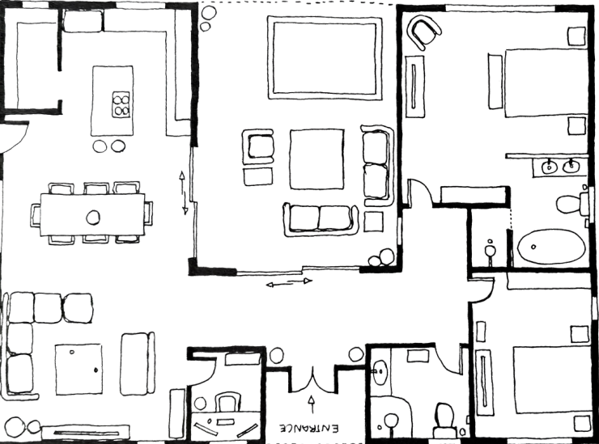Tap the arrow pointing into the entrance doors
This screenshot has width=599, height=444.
pos(312,404)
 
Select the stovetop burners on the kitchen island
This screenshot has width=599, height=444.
pos(121,104)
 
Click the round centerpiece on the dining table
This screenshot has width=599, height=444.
pos(93,218)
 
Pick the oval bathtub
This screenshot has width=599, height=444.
pos(551,246)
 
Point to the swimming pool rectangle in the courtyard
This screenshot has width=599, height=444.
pos(325,57)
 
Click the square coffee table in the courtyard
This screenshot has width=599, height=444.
pos(316,159)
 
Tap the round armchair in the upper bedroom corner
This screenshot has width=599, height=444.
pos(423,32)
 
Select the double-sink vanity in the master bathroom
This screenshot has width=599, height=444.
pos(560,167)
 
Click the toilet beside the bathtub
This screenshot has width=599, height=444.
pos(571,204)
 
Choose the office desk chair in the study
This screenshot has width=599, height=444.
pos(227,403)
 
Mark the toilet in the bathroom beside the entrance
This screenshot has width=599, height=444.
pos(444,420)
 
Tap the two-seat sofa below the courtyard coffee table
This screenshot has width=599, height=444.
pos(321,220)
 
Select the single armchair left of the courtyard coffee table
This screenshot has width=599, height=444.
pos(258,147)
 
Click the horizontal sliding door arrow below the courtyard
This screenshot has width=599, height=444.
pos(289,283)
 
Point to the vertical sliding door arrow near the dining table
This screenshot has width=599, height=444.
pos(184,192)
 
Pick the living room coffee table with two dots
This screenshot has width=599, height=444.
pos(79,369)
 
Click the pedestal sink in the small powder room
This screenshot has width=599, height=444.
pos(490,252)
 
